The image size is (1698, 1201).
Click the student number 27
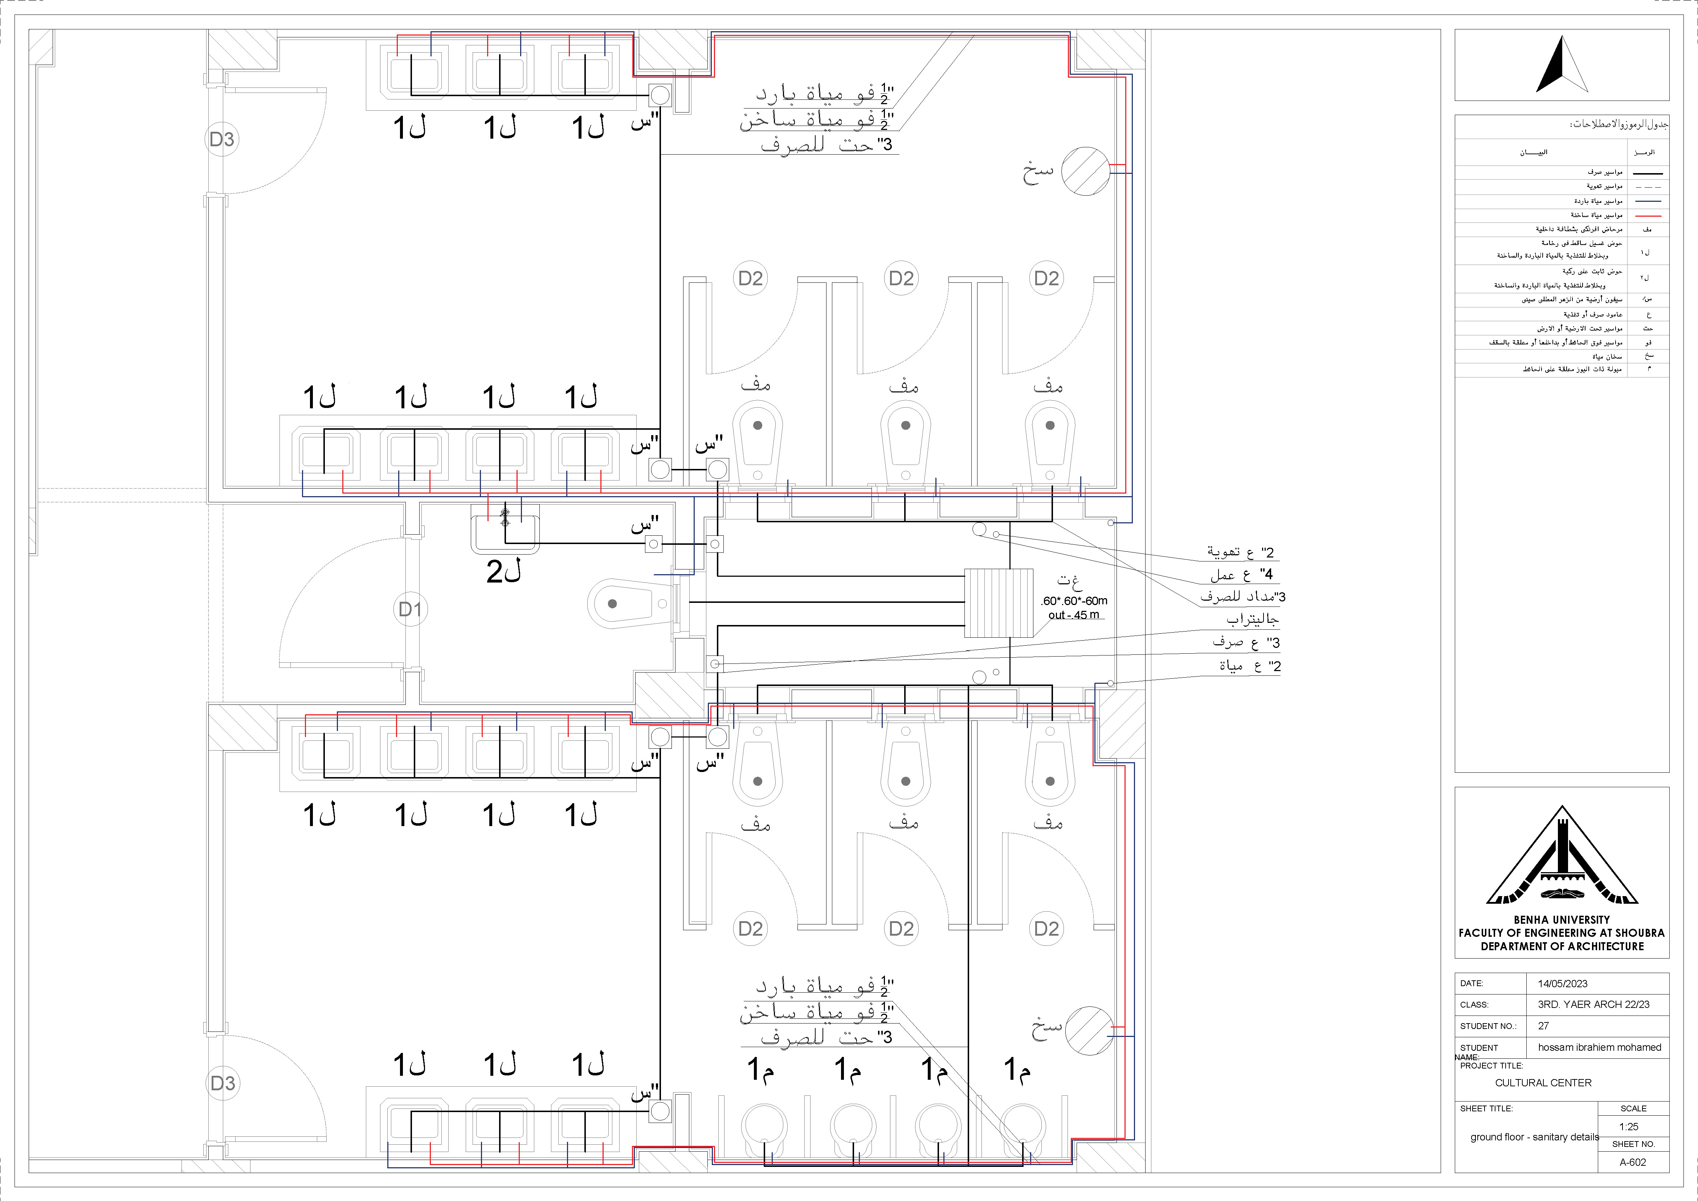coord(1543,1026)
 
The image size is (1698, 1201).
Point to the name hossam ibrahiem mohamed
coord(1599,1047)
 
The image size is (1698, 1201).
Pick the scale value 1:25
coord(1628,1126)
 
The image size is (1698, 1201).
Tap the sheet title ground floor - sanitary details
coord(1534,1137)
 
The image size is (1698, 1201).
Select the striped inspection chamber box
coord(999,603)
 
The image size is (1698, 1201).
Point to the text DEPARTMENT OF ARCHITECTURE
coord(1562,946)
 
